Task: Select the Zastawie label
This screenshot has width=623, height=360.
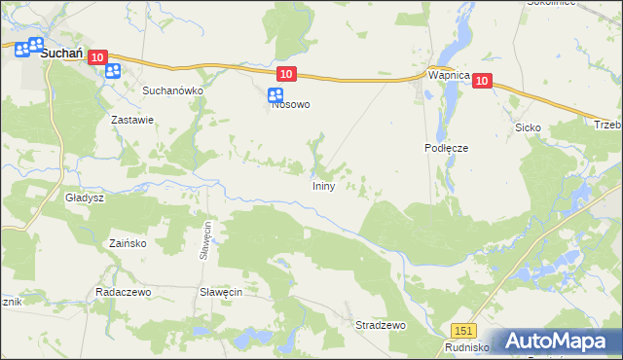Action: tap(133, 121)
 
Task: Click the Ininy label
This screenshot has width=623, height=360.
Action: tap(324, 185)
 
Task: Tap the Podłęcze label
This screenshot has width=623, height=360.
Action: tap(447, 148)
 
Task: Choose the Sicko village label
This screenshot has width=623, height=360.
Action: tap(528, 127)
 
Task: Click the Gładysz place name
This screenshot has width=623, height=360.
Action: tap(85, 197)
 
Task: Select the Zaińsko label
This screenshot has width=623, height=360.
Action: tap(128, 244)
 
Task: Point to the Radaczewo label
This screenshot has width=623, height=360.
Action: tap(120, 292)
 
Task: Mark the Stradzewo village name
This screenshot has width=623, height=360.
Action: tap(380, 325)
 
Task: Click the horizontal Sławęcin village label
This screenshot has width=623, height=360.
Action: tap(220, 292)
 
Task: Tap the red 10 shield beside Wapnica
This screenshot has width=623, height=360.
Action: tap(482, 84)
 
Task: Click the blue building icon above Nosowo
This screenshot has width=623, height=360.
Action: tap(275, 94)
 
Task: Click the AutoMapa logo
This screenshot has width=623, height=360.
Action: tap(558, 342)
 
